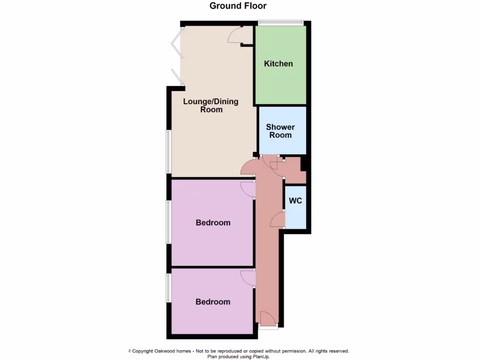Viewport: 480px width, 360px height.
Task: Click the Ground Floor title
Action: (238, 6)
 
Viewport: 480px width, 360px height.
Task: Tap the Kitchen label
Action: (278, 64)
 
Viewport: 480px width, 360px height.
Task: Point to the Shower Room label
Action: (280, 131)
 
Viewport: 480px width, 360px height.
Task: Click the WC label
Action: (295, 201)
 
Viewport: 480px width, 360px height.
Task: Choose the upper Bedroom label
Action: (213, 223)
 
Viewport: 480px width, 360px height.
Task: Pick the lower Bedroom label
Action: (213, 302)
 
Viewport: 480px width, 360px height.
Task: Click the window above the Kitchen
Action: (281, 22)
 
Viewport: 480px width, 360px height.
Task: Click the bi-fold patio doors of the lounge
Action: (176, 56)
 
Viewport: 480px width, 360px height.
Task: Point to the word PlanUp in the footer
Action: (259, 357)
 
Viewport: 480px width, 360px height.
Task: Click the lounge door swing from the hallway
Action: (247, 167)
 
